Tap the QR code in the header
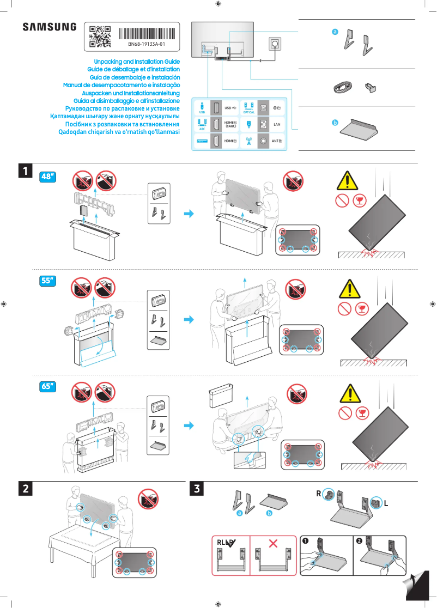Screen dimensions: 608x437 click(100, 37)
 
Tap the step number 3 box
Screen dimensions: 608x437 click(196, 489)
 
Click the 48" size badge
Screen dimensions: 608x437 click(48, 177)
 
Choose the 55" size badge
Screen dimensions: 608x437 click(48, 281)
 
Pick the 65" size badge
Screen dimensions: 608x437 click(48, 386)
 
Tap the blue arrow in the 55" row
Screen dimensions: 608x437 click(189, 320)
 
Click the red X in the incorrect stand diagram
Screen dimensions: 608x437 click(274, 543)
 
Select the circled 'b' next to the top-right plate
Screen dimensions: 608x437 click(335, 123)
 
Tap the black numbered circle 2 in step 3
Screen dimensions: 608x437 click(359, 541)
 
